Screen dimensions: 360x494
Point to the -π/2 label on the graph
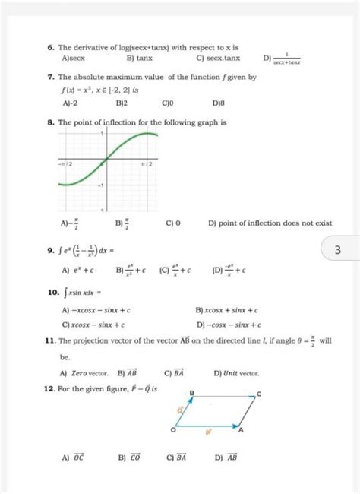click(66, 163)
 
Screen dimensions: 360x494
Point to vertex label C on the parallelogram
click(258, 395)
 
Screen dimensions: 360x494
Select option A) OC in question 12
click(77, 458)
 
